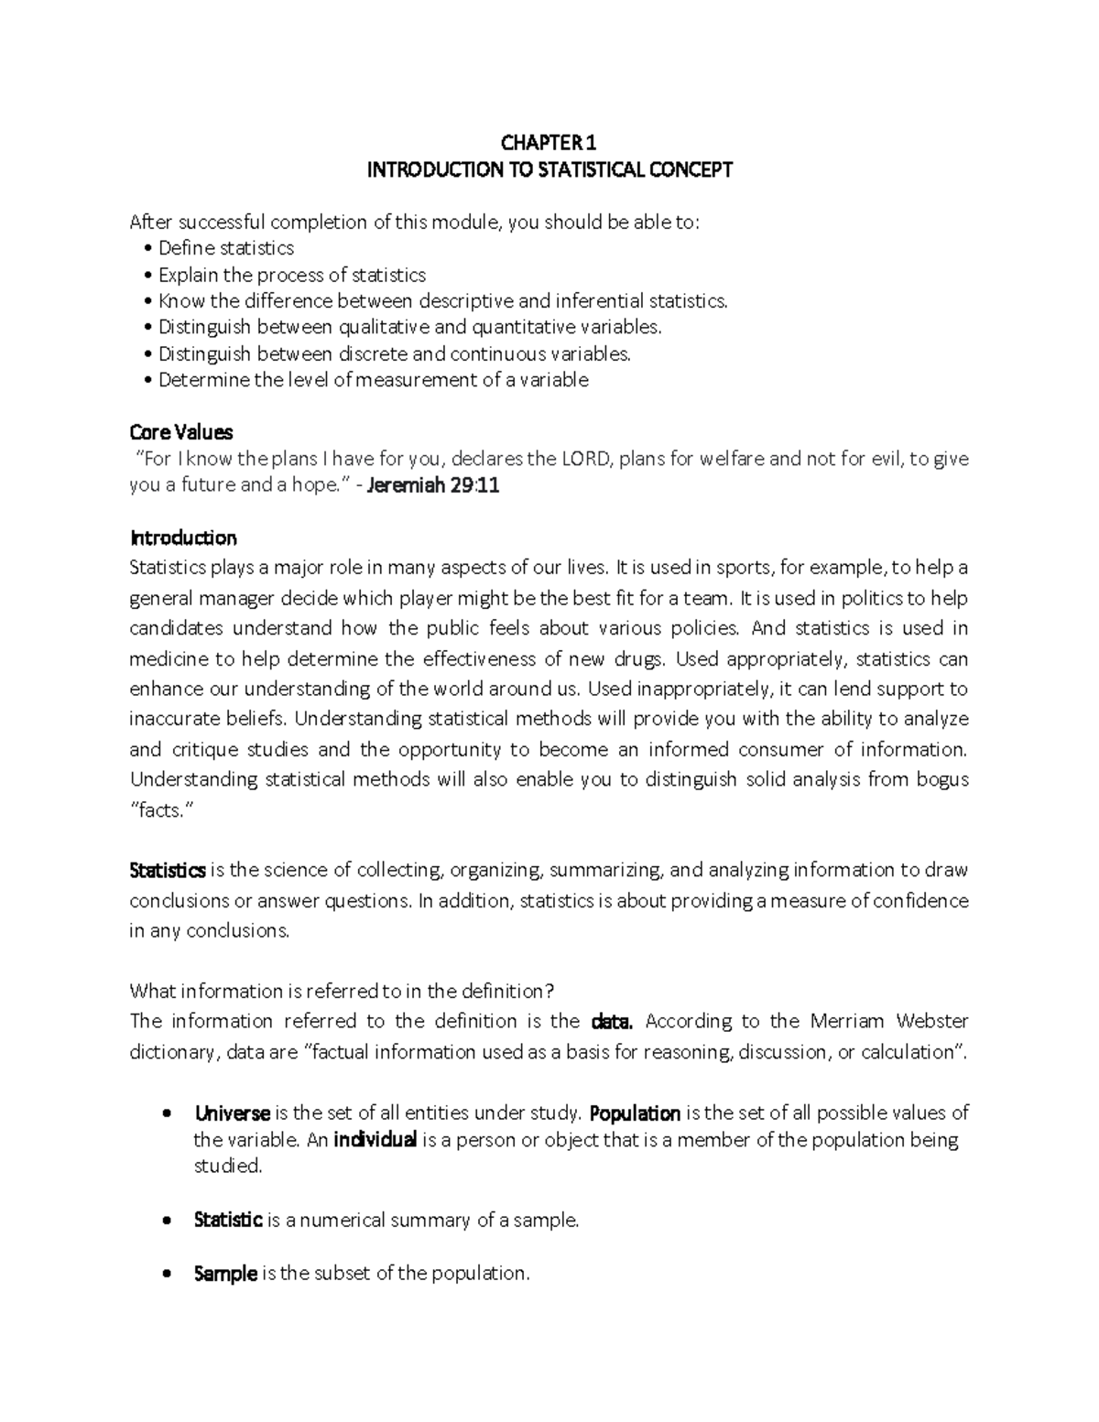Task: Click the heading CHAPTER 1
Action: (x=549, y=143)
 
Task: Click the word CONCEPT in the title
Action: (x=691, y=169)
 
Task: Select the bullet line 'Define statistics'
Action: (x=225, y=248)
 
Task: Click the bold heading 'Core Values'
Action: (x=181, y=432)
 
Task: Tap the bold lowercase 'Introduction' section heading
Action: (x=183, y=537)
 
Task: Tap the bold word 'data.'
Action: (x=613, y=1021)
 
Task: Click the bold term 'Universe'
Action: (x=232, y=1113)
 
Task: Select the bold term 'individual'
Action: (x=375, y=1140)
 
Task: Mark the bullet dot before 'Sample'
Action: (x=165, y=1274)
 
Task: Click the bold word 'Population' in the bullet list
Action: (x=635, y=1113)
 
